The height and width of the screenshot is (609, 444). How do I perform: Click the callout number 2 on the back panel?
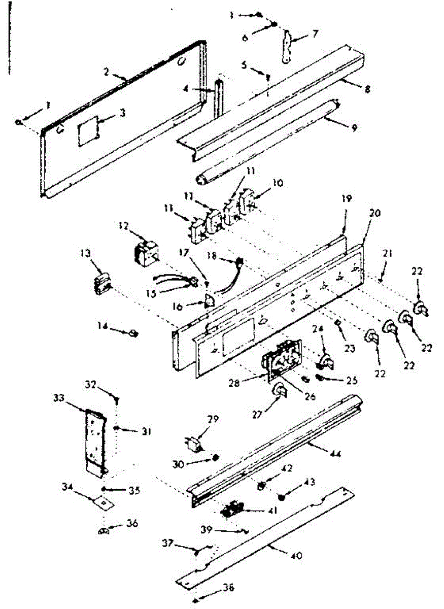pos(107,72)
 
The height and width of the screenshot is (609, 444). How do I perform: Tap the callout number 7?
pos(315,35)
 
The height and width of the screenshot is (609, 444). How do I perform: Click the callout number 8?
pos(367,89)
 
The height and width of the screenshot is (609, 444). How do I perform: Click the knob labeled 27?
pos(278,391)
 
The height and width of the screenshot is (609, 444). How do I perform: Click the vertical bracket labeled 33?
pos(96,442)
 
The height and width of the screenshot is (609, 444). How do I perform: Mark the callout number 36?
pos(132,524)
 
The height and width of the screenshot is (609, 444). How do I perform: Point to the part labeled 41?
pos(233,509)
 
